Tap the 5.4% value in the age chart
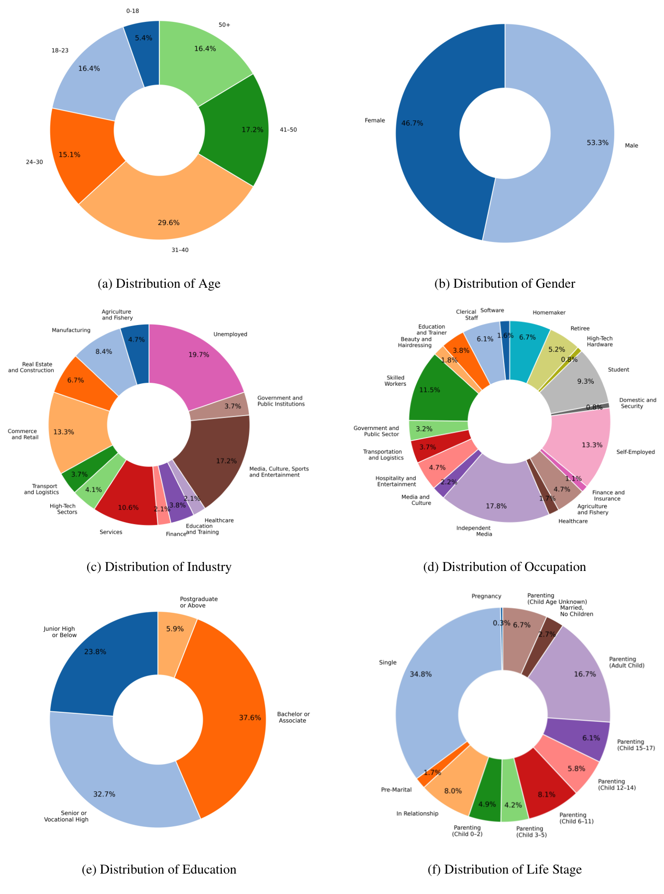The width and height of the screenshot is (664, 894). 143,38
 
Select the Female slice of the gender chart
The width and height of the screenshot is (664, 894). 433,149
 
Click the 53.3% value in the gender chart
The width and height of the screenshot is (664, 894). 597,143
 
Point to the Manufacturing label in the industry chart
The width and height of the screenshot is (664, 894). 71,331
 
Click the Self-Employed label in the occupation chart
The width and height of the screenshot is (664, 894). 635,452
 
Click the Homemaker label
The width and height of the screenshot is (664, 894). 549,313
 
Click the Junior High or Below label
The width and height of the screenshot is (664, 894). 60,632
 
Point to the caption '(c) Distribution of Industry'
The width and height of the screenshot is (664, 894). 159,567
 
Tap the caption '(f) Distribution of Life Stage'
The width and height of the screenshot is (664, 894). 505,870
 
